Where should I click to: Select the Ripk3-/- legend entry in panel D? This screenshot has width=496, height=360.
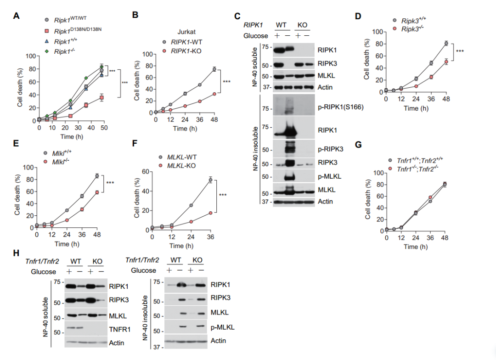tap(414, 29)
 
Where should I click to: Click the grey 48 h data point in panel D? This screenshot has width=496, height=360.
tap(446, 44)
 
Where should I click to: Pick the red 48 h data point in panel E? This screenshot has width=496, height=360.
tap(97, 192)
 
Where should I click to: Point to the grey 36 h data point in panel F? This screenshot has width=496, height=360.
tap(210, 180)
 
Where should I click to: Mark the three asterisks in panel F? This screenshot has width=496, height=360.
tap(223, 195)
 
